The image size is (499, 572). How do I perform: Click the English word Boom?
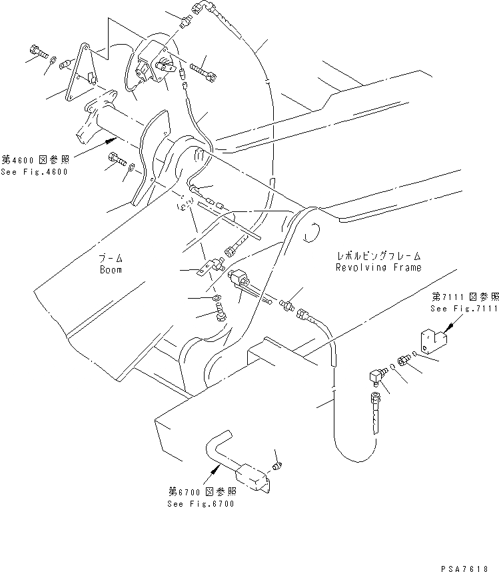111,270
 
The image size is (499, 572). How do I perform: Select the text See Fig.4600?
34,171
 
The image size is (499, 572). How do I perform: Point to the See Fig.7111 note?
464,309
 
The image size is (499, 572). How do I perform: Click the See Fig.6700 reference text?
201,503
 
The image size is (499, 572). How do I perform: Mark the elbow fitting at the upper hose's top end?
199,9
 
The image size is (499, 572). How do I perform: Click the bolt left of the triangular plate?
36,51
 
